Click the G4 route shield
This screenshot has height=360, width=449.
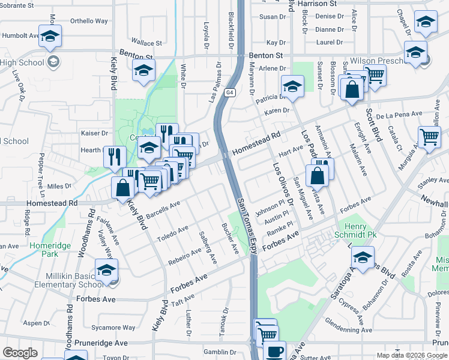(x=229, y=93)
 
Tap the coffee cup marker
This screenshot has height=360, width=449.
(x=276, y=352)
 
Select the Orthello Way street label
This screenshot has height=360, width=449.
(x=89, y=21)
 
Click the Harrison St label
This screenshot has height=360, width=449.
(x=317, y=4)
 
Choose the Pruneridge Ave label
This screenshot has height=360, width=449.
(x=104, y=343)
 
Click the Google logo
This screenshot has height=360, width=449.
(x=20, y=353)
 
